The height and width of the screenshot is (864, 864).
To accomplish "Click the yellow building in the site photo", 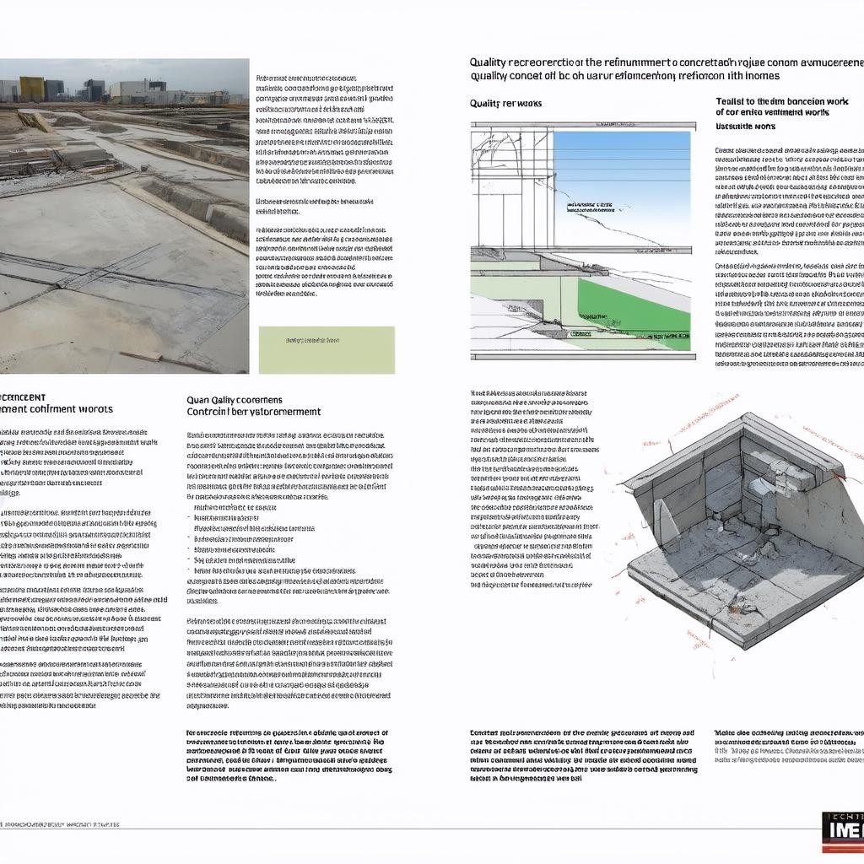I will [32, 89].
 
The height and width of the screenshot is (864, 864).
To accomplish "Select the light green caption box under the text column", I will [327, 349].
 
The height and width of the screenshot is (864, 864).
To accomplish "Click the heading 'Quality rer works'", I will [505, 103].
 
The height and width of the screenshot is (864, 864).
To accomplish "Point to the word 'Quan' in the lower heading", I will [197, 400].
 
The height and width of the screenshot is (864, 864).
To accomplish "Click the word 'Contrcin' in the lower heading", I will [206, 412].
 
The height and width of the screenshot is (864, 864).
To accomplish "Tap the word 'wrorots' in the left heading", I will [93, 409].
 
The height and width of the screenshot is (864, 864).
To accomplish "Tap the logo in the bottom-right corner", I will [842, 827].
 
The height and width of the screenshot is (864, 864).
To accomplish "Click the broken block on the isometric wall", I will [780, 477].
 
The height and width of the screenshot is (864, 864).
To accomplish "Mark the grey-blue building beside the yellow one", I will [54, 89].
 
